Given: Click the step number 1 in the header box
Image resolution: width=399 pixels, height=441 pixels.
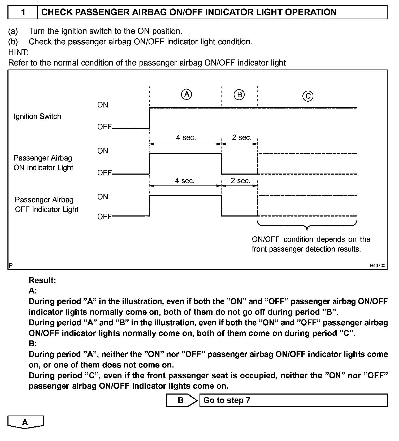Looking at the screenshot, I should coord(23,12).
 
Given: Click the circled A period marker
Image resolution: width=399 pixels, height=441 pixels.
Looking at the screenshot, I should coord(187,94).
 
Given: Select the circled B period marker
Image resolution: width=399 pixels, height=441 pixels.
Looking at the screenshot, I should coord(239,94).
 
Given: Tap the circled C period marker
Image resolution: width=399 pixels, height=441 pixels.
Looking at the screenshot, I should coord(308,96).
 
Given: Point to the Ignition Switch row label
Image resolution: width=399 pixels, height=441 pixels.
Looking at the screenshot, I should coord(37,116).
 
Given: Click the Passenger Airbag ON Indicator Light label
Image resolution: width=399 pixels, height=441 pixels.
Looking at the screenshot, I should coord(43,163).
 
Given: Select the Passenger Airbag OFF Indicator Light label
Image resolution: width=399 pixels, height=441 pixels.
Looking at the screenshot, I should coord(46,205).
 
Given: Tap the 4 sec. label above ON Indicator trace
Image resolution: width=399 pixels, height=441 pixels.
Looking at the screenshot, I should coord(186,137).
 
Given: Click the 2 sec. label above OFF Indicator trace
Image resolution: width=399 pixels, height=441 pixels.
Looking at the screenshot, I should coord(241,181).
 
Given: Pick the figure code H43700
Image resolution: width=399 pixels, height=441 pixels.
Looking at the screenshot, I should coord(378,266).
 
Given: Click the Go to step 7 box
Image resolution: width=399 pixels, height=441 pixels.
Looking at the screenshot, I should coord(293,400).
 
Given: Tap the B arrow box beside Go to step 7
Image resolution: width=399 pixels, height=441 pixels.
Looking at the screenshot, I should coord(181,400).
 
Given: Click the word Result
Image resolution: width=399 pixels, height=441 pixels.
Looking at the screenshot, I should coord(42,280).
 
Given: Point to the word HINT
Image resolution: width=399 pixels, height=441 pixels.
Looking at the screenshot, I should coord(18,52).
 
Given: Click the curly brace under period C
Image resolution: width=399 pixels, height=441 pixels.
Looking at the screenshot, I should coord(307,226).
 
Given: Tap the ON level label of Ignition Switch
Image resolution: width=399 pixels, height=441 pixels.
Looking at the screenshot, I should coord(103,105).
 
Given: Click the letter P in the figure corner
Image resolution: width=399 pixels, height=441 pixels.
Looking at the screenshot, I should coord(11,265).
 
